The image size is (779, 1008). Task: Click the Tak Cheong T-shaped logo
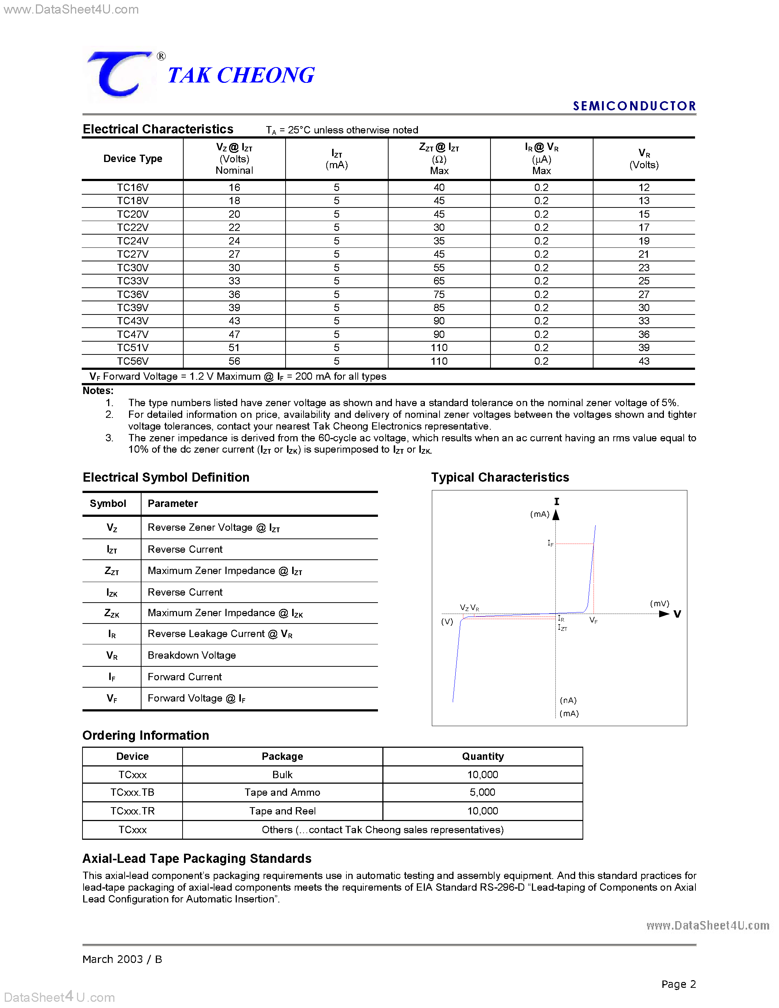(x=119, y=74)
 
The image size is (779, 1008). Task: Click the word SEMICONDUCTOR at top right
(x=634, y=106)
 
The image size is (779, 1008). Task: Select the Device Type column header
(x=132, y=159)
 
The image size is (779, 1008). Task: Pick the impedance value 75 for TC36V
(x=438, y=294)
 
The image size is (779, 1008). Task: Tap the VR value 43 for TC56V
(x=644, y=361)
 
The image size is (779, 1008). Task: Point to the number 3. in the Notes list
(x=109, y=438)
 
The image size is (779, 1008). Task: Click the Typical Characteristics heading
(x=500, y=477)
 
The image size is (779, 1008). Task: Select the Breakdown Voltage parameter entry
(x=191, y=655)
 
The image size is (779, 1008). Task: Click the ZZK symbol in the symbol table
(x=112, y=613)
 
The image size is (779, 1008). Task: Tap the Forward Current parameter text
(x=185, y=677)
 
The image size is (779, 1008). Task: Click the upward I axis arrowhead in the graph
(x=556, y=515)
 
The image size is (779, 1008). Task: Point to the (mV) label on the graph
(x=659, y=604)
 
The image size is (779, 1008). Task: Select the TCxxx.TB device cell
(x=132, y=792)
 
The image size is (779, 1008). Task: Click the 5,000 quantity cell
(x=482, y=792)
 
